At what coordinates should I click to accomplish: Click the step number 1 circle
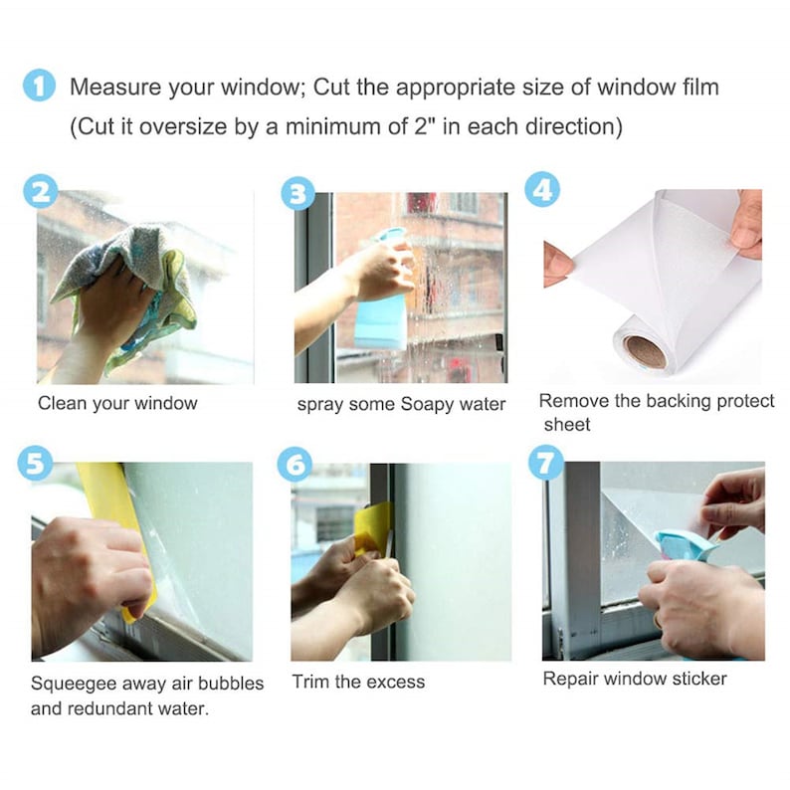(39, 87)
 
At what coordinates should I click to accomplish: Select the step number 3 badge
(296, 193)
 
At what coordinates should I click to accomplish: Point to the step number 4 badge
(541, 189)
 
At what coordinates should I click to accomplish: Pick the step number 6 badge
(296, 464)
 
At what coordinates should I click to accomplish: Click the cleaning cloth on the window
(119, 274)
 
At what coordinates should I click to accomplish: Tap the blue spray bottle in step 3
(382, 303)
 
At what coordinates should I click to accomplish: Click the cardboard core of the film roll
(644, 350)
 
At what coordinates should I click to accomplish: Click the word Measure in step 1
(115, 88)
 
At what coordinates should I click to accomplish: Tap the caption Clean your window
(117, 404)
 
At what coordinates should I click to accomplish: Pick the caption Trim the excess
(358, 682)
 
